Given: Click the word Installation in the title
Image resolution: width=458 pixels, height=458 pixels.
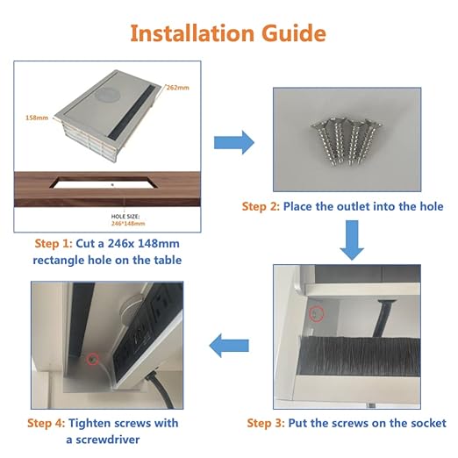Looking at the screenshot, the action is pyautogui.click(x=192, y=33).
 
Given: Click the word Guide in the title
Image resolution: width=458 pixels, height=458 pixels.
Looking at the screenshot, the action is pyautogui.click(x=293, y=33).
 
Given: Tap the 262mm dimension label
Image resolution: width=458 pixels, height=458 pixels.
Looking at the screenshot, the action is pyautogui.click(x=177, y=88).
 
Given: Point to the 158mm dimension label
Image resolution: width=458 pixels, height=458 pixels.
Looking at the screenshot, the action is pyautogui.click(x=37, y=118).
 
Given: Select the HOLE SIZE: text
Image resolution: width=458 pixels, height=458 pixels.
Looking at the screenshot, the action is pyautogui.click(x=125, y=217).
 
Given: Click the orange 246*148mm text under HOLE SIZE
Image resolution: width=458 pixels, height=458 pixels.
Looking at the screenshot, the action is pyautogui.click(x=128, y=224).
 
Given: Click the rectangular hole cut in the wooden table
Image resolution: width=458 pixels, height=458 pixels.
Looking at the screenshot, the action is pyautogui.click(x=104, y=182).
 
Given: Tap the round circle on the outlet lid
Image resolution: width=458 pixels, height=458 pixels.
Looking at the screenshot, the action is pyautogui.click(x=108, y=94).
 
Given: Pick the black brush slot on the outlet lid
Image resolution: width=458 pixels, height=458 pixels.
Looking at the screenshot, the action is pyautogui.click(x=133, y=111).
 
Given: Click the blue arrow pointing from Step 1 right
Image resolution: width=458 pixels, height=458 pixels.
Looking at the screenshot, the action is pyautogui.click(x=234, y=142).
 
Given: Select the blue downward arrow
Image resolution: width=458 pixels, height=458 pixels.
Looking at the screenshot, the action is pyautogui.click(x=352, y=240).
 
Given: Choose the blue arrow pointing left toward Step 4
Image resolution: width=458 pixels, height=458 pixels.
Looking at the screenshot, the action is pyautogui.click(x=229, y=346).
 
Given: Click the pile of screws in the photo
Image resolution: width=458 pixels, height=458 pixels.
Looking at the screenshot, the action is pyautogui.click(x=347, y=141).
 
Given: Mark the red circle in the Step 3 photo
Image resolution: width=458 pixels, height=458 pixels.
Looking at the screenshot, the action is pyautogui.click(x=317, y=314).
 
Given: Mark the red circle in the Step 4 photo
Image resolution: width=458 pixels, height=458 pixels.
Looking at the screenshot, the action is pyautogui.click(x=93, y=359).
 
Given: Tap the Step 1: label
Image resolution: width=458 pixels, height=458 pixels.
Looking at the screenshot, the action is pyautogui.click(x=54, y=243).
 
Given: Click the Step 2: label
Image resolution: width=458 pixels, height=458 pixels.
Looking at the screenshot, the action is pyautogui.click(x=261, y=206).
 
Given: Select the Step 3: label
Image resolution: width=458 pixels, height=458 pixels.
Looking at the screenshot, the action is pyautogui.click(x=266, y=423).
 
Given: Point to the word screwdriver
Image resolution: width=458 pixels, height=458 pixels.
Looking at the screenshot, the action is pyautogui.click(x=108, y=440).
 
